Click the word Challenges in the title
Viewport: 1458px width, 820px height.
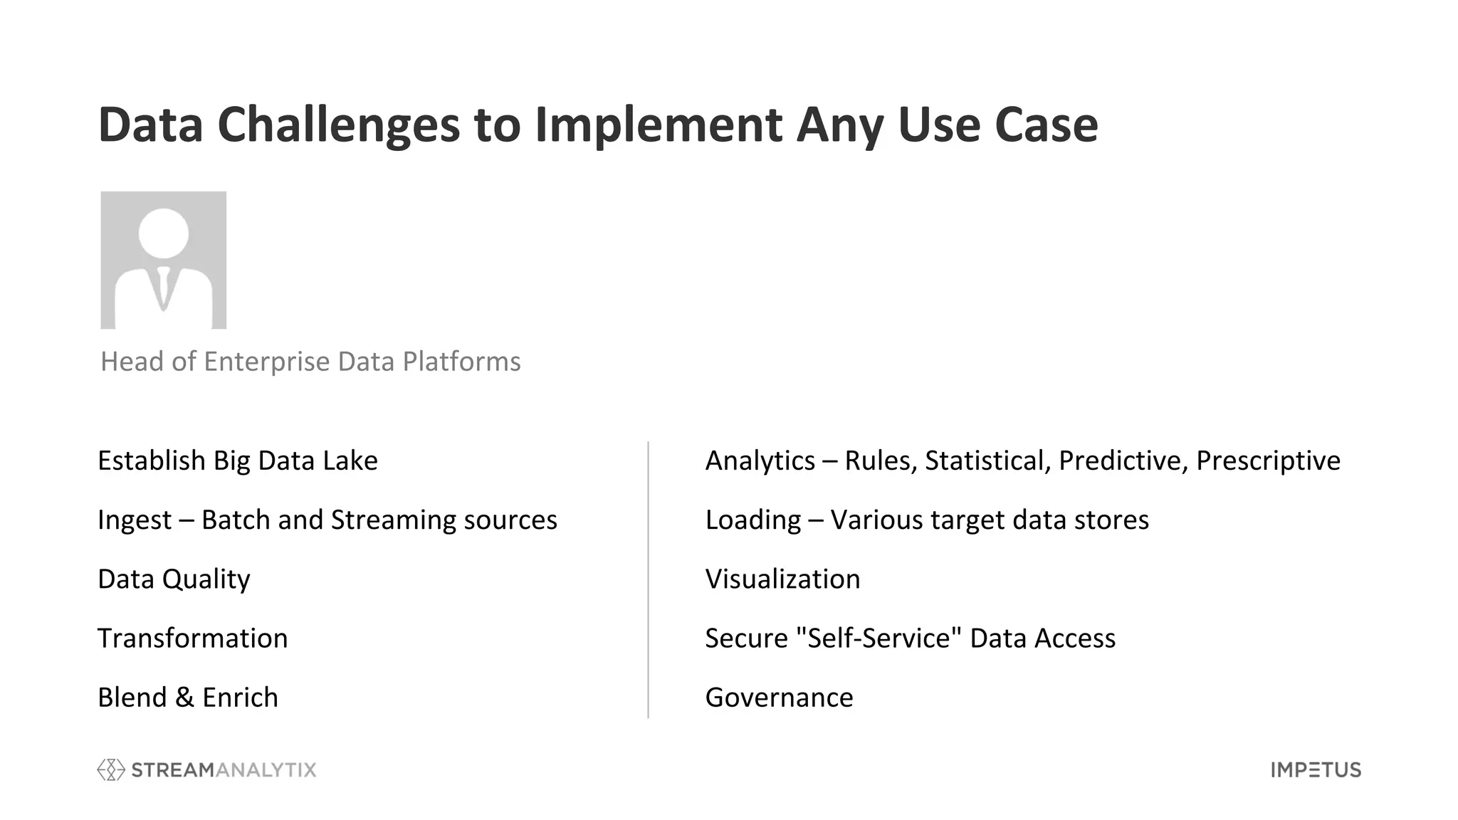click(338, 125)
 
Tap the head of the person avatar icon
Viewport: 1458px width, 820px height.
click(164, 233)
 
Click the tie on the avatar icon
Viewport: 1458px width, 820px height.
click(164, 288)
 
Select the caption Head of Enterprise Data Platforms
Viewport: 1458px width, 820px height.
click(310, 362)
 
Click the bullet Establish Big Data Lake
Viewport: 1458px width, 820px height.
click(237, 461)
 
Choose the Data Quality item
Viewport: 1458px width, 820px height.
click(174, 579)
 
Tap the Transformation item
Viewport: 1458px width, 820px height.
click(192, 638)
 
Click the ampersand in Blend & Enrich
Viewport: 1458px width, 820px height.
click(184, 698)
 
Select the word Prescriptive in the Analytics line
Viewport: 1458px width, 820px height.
click(1268, 461)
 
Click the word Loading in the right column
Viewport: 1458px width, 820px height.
click(752, 520)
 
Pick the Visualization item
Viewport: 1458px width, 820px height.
click(782, 579)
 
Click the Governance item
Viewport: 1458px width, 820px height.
click(779, 698)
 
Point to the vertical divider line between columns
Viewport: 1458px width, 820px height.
click(648, 580)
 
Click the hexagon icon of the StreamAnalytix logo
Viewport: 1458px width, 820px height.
click(111, 769)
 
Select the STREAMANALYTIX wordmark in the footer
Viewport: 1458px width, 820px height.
click(224, 770)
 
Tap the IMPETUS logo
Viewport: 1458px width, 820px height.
click(1316, 770)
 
